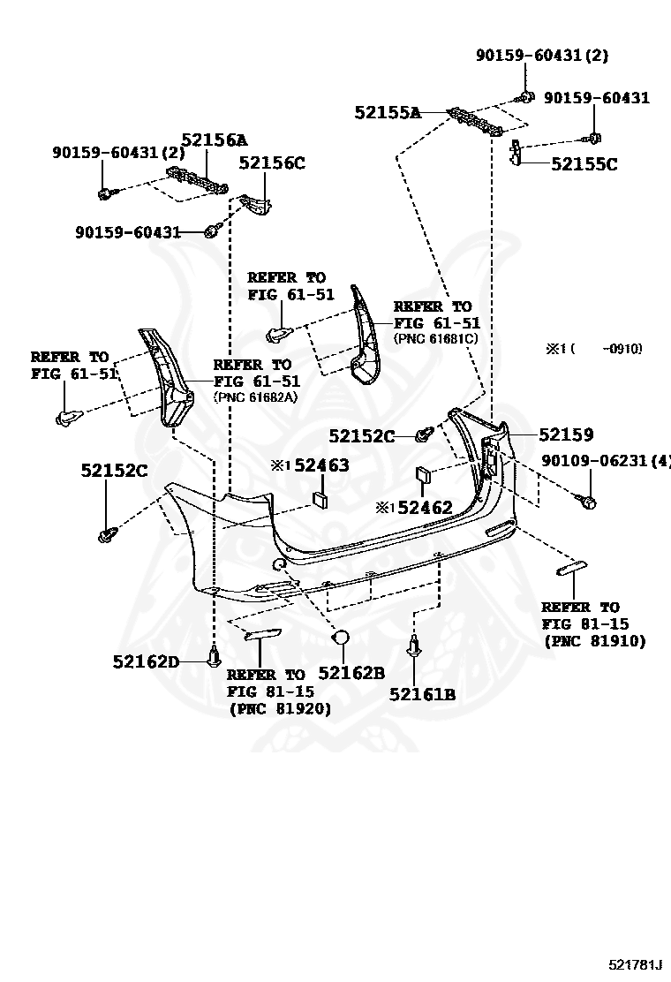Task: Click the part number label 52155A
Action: [388, 112]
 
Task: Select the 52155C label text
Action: [584, 163]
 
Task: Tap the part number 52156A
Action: [215, 140]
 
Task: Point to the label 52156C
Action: [272, 162]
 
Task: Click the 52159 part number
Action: [566, 434]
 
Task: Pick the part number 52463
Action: [321, 465]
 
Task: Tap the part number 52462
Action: [425, 508]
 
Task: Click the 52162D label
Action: [146, 661]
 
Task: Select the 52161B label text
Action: [422, 694]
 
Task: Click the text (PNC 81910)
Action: [594, 641]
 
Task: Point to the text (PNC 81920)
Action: [280, 708]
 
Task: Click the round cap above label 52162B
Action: [341, 638]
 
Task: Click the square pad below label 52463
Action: [320, 501]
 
